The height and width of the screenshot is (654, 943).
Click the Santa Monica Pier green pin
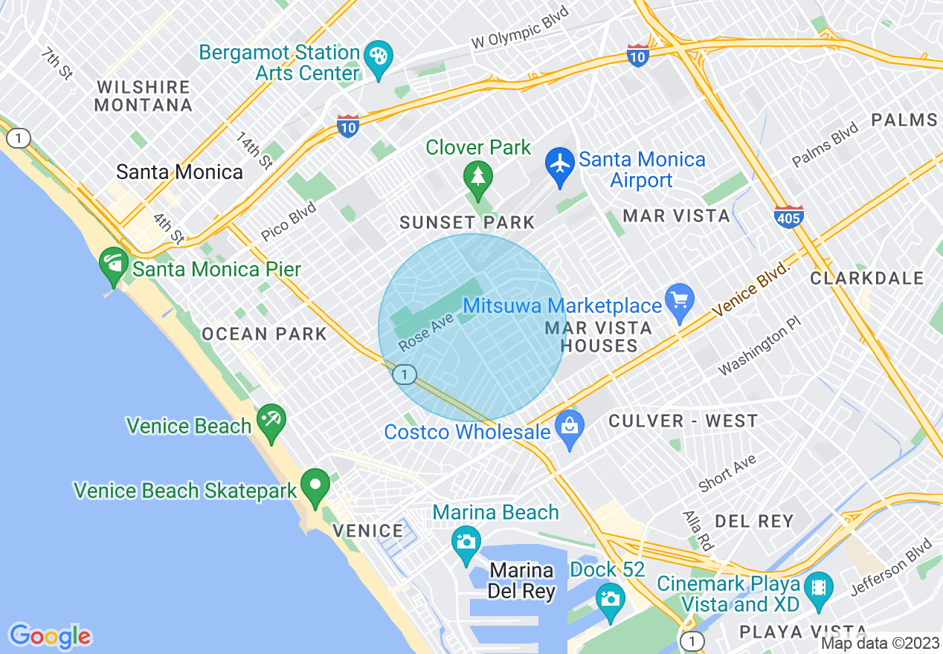[x=114, y=266]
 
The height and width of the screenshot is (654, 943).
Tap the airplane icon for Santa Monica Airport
[x=560, y=163]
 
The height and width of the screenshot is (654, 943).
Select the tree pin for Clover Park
[x=477, y=178]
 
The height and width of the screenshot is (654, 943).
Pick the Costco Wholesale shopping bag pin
[x=570, y=427]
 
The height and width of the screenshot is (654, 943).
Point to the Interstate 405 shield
[x=788, y=217]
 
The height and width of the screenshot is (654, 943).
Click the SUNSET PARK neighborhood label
[x=467, y=222]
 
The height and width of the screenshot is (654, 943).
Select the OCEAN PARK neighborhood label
[x=264, y=334]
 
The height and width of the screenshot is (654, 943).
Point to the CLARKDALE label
[x=866, y=279]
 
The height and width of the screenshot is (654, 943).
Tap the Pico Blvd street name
[x=288, y=221]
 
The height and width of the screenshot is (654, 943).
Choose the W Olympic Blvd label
[x=520, y=29]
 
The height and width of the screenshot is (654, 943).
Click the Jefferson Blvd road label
[x=891, y=566]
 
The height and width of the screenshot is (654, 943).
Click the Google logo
[x=50, y=635]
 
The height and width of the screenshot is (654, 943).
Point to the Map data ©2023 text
[x=880, y=644]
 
